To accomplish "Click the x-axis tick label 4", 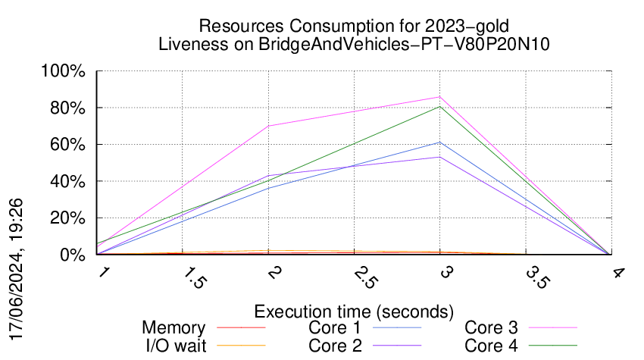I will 619,273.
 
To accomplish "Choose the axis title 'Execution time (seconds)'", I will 354,311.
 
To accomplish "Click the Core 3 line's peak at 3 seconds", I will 440,97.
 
